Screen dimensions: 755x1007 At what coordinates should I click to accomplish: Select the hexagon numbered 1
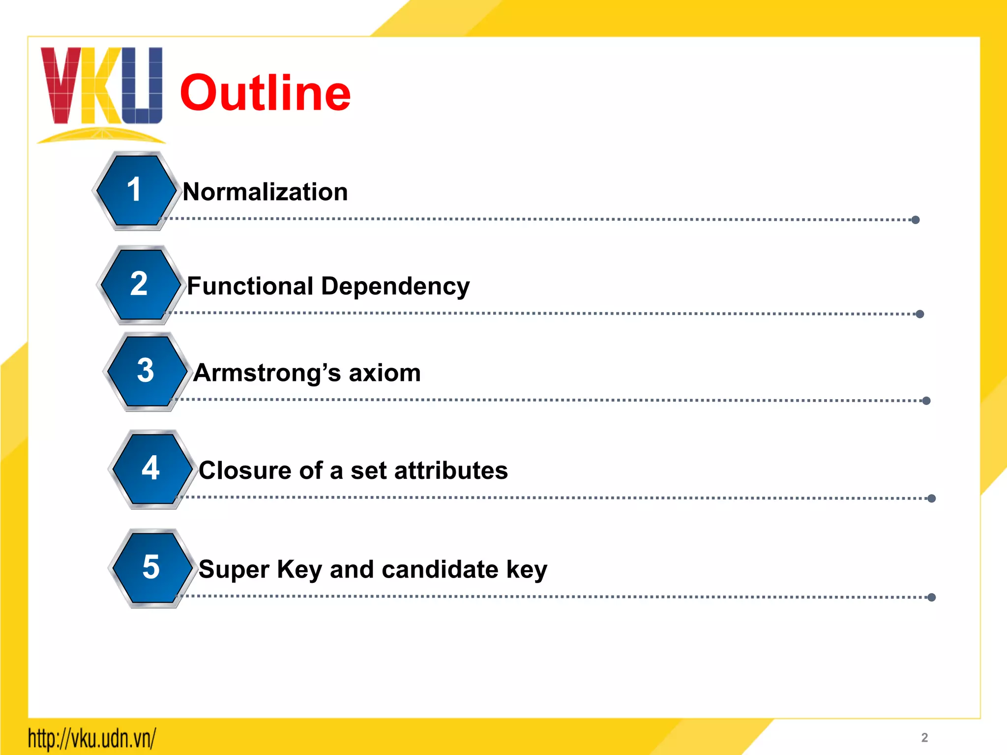coord(135,191)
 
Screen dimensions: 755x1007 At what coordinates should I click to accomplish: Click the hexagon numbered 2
coord(139,285)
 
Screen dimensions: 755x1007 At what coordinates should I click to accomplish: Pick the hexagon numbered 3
coord(146,371)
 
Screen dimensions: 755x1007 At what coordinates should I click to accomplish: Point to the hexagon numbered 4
coord(150,469)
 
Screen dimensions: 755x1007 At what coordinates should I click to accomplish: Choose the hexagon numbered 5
coord(151,568)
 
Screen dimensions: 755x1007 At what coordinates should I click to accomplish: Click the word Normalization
coord(266,192)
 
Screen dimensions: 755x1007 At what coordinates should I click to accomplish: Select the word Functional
coord(250,286)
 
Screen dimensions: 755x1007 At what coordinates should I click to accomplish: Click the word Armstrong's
coord(267,373)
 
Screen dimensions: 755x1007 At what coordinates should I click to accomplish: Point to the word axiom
coord(385,373)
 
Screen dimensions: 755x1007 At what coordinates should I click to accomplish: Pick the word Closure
coord(245,470)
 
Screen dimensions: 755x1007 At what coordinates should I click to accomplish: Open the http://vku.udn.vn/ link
coord(92,738)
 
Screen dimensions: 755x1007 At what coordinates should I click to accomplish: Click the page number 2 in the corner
coord(924,737)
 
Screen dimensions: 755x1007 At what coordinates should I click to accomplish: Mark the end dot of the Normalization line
coord(916,220)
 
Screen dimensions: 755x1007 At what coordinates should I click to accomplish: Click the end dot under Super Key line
coord(931,597)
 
